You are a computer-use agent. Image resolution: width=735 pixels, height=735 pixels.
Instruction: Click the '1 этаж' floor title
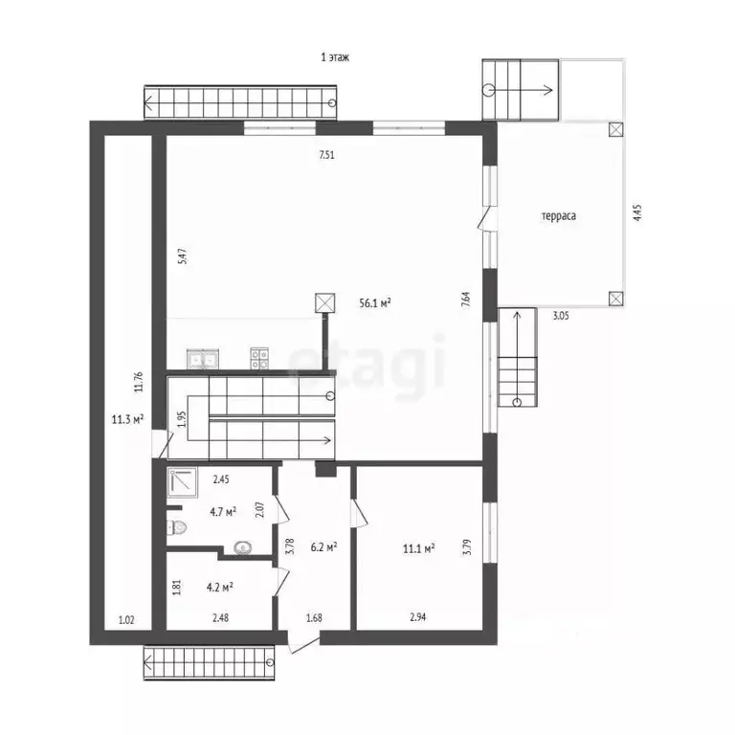pyautogui.click(x=335, y=57)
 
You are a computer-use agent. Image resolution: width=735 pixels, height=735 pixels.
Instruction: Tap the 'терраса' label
pyautogui.click(x=559, y=216)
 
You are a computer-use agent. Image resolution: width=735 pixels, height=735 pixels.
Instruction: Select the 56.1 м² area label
pyautogui.click(x=375, y=302)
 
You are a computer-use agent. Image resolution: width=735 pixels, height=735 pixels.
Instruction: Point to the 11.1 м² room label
pyautogui.click(x=418, y=548)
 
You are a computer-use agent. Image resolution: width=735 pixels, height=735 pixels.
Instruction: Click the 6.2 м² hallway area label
pyautogui.click(x=323, y=546)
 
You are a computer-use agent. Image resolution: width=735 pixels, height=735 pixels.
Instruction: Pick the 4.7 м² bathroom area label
pyautogui.click(x=223, y=511)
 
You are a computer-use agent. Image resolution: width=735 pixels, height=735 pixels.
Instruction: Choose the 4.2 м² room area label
pyautogui.click(x=220, y=587)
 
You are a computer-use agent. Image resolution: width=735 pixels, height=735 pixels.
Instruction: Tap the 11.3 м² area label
pyautogui.click(x=127, y=419)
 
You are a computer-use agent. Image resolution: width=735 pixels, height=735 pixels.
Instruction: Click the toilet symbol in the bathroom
pyautogui.click(x=176, y=528)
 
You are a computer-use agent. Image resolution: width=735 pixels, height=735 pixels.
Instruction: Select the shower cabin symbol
pyautogui.click(x=183, y=482)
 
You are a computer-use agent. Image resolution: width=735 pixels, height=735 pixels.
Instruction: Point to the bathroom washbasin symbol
pyautogui.click(x=243, y=547)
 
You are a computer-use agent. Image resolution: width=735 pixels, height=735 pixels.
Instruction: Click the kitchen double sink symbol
pyautogui.click(x=203, y=359)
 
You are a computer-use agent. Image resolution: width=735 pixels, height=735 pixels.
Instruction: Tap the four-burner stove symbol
pyautogui.click(x=259, y=359)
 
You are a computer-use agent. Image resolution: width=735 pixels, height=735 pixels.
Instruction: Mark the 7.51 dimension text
pyautogui.click(x=326, y=155)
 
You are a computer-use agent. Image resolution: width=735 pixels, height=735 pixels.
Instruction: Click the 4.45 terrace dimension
pyautogui.click(x=637, y=212)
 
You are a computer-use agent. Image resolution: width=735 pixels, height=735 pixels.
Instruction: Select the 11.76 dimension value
pyautogui.click(x=138, y=382)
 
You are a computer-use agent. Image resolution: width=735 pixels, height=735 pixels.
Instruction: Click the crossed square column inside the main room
pyautogui.click(x=324, y=302)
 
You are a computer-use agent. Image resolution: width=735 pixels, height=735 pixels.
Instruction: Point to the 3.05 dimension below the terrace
pyautogui.click(x=561, y=316)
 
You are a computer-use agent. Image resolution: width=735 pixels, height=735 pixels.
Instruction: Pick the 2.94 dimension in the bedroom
pyautogui.click(x=417, y=617)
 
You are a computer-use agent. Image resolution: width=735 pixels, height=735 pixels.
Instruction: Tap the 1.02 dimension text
pyautogui.click(x=126, y=620)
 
